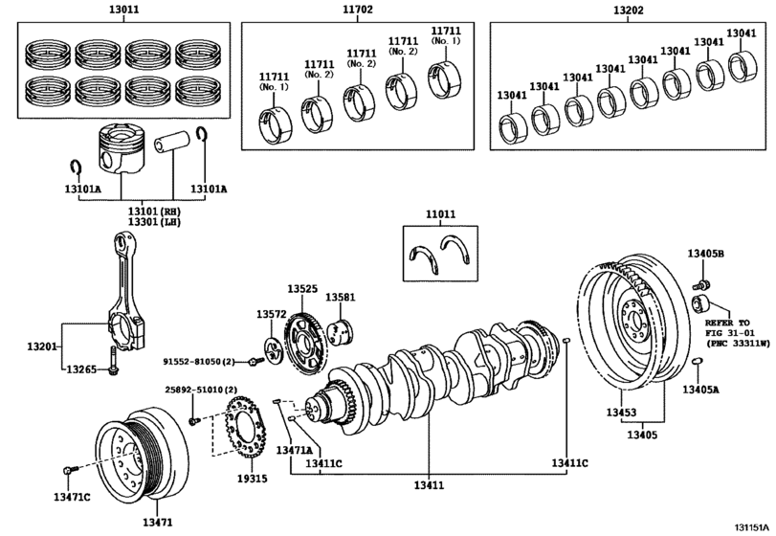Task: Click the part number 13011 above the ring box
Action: point(123,9)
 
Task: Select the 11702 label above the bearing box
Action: point(358,9)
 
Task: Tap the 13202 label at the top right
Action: point(628,10)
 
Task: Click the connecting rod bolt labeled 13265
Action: point(113,359)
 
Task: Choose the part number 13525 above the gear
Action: point(302,288)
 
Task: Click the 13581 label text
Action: point(340,297)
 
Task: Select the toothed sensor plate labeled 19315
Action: point(247,428)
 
